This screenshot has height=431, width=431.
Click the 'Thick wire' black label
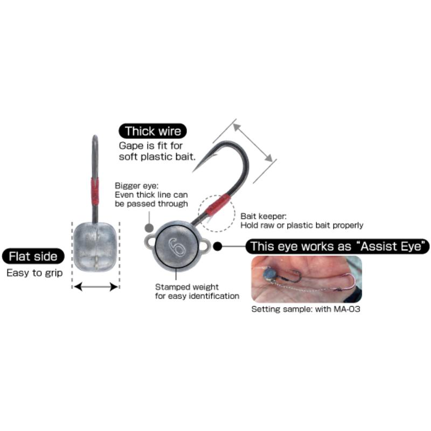coord(152,131)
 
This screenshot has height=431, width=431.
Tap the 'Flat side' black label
coord(33,256)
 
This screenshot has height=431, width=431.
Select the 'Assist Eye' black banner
coord(337,246)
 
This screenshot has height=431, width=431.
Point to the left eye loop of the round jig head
coord(150,242)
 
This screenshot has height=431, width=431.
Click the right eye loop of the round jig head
coord(204,246)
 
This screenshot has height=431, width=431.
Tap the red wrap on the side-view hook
coord(95,191)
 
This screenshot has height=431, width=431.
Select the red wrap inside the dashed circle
coord(218,205)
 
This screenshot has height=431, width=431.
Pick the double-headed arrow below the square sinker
coord(96,287)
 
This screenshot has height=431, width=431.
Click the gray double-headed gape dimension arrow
coord(252,143)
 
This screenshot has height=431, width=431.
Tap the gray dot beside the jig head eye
coord(149,227)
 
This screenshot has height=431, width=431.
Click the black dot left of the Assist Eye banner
coord(218,246)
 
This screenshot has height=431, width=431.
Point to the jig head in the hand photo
coord(269,274)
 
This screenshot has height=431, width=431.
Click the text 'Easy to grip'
coord(34,273)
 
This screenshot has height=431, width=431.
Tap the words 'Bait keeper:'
coord(263,217)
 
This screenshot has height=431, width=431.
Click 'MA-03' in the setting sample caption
coord(346,309)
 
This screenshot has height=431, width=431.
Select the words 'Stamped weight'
coord(187,287)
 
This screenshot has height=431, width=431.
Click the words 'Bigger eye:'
coord(137,186)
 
